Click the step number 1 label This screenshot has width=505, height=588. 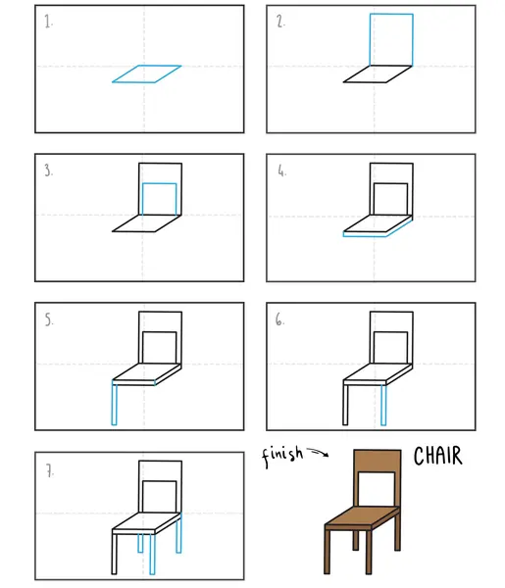tap(48, 22)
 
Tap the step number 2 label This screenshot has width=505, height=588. tap(280, 22)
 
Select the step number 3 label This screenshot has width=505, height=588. tap(48, 171)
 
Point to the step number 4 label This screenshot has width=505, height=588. tap(281, 171)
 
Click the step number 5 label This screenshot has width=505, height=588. tap(49, 319)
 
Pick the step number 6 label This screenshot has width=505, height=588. tap(279, 319)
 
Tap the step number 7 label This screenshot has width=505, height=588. tap(50, 470)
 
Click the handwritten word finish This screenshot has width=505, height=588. tap(282, 456)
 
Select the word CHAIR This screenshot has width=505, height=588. tap(438, 456)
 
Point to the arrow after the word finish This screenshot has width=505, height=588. tap(318, 452)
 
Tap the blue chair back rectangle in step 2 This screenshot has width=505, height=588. tap(391, 15)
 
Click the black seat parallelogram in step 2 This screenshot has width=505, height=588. tap(378, 73)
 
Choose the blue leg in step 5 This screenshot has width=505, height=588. tap(114, 403)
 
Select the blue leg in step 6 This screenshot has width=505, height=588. tap(383, 405)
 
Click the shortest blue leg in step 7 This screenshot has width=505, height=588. tap(140, 543)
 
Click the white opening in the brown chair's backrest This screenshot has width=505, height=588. tap(377, 489)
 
